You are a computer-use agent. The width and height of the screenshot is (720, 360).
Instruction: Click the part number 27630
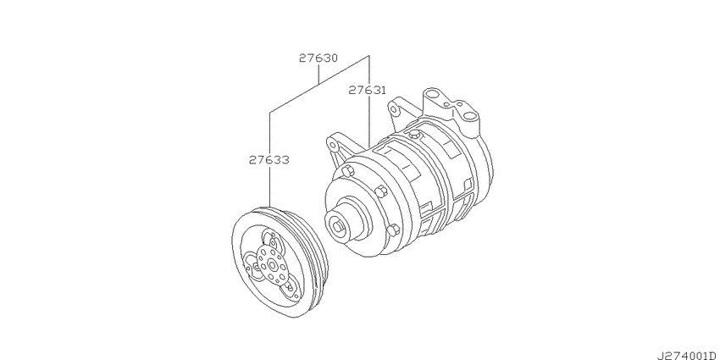[318, 58]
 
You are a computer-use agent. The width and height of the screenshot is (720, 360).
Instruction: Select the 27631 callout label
[368, 90]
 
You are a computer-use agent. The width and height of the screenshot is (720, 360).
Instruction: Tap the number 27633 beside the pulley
[269, 160]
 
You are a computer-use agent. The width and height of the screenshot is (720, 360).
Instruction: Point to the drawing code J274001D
[689, 356]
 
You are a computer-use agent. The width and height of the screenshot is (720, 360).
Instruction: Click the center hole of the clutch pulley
[272, 264]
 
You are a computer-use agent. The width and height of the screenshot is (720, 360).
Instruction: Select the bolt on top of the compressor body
[416, 134]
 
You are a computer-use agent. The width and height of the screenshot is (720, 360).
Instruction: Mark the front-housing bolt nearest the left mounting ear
[347, 171]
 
